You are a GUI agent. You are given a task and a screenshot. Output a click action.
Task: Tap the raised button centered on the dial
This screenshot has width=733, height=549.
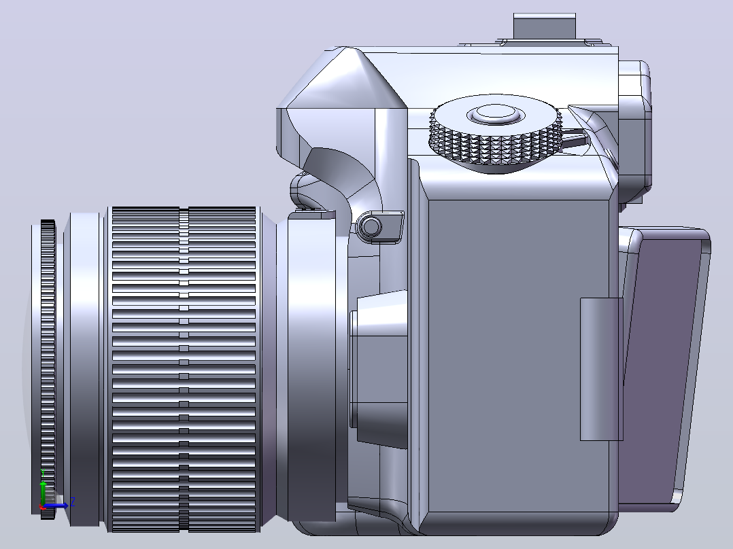pyautogui.click(x=496, y=113)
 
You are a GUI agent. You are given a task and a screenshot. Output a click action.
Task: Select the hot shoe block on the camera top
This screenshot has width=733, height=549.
pyautogui.click(x=544, y=27)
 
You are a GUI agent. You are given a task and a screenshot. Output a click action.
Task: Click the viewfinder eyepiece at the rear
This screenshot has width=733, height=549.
pyautogui.click(x=634, y=131)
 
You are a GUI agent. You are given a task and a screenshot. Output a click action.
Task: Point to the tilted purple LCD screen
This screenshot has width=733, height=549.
pyautogui.click(x=666, y=369)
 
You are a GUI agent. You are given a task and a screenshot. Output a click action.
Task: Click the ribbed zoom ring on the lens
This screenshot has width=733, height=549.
pyautogui.click(x=184, y=369)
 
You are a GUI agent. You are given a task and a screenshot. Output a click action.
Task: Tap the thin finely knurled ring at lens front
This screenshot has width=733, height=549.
pyautogui.click(x=48, y=369)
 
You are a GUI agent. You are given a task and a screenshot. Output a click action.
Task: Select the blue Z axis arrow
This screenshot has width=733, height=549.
pyautogui.click(x=55, y=506)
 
